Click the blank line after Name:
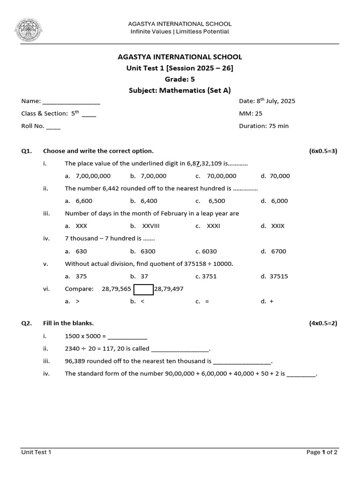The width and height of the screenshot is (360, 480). point(71,102)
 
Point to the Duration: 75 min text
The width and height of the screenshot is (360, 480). point(263,126)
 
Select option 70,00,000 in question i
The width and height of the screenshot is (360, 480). point(222,176)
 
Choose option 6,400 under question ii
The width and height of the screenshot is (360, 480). point(149,201)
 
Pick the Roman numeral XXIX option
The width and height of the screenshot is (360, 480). point(278,226)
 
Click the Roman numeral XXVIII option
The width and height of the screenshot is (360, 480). point(151,226)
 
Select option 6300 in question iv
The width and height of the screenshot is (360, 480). point(148,251)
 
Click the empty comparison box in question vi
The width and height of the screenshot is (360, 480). point(143,289)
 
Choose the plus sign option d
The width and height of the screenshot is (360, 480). point(271,301)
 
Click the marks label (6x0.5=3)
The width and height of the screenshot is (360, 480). point(322,151)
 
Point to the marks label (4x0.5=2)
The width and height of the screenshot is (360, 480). point(322,323)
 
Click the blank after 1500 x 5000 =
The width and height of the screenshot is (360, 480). point(127,337)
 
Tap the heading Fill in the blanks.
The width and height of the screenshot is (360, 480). point(68,323)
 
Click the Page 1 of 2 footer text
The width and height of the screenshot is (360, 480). point(322,452)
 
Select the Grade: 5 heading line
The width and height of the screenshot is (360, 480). point(180,79)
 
